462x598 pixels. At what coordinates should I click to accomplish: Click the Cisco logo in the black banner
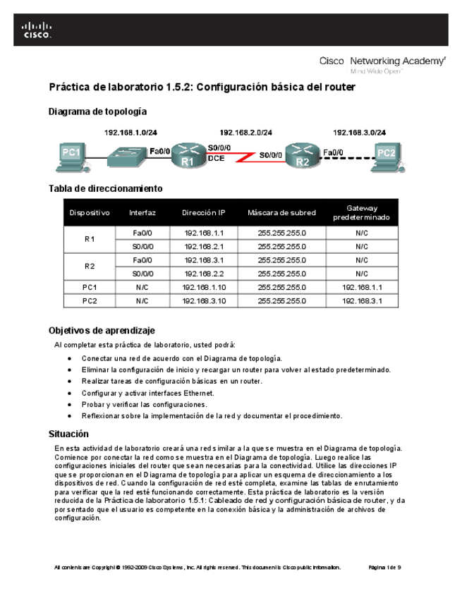tap(37, 30)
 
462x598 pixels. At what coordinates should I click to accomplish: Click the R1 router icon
tap(188, 156)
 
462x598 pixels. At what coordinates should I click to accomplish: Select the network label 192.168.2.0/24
tap(246, 132)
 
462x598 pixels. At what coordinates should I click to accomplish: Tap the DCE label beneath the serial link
tap(216, 159)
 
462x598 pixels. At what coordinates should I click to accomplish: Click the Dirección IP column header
tap(203, 212)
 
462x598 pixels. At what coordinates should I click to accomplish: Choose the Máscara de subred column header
tap(281, 212)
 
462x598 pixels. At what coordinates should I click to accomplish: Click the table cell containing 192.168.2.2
tap(203, 274)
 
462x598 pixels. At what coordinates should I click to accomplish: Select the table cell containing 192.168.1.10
tap(203, 287)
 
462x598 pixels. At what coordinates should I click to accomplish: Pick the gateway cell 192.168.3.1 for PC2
tap(362, 301)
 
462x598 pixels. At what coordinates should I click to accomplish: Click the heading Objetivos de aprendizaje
tap(101, 330)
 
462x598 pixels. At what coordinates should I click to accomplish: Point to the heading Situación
tap(68, 434)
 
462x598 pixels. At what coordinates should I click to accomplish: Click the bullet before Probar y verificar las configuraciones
tap(69, 405)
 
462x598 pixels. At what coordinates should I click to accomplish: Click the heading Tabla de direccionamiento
tap(105, 188)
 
